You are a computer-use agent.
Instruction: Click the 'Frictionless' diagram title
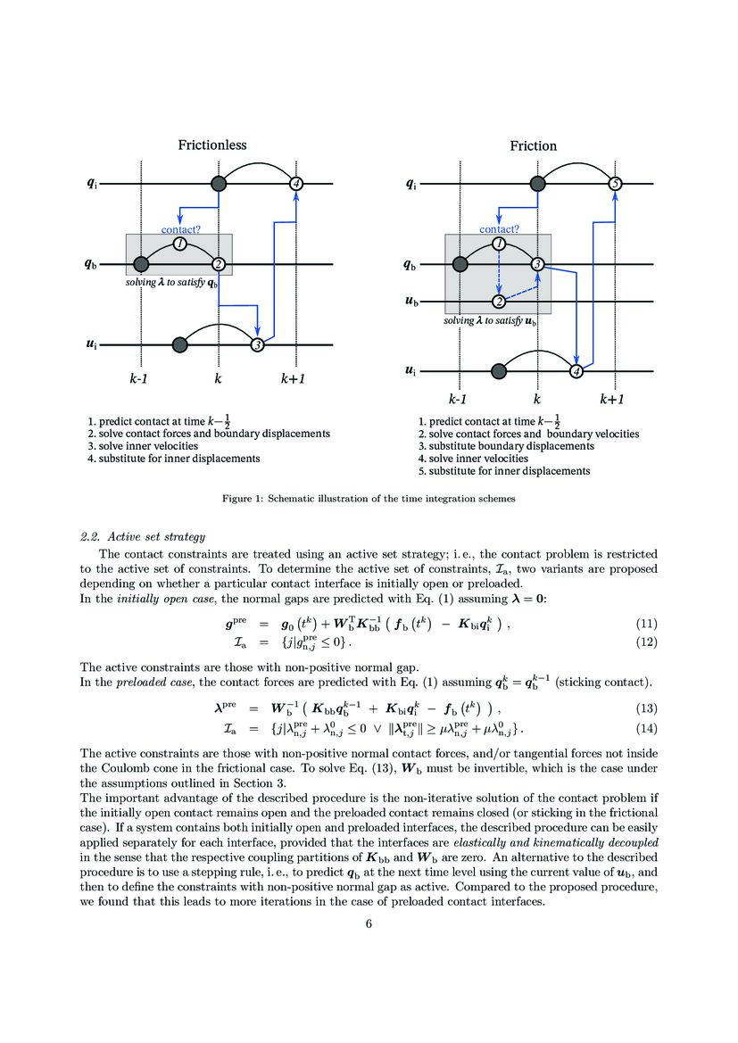pyautogui.click(x=211, y=145)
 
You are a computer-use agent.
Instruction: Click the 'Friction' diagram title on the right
pyautogui.click(x=533, y=145)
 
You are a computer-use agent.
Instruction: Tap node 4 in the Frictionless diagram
pyautogui.click(x=296, y=184)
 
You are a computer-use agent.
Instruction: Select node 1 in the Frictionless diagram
pyautogui.click(x=179, y=244)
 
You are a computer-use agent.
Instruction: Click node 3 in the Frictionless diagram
pyautogui.click(x=257, y=344)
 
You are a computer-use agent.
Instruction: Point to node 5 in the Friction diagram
pyautogui.click(x=614, y=184)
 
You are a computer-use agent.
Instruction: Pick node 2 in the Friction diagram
pyautogui.click(x=500, y=302)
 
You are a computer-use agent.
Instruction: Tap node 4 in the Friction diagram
pyautogui.click(x=576, y=371)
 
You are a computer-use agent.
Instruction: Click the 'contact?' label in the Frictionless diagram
pyautogui.click(x=180, y=229)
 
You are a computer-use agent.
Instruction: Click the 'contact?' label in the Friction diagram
pyautogui.click(x=500, y=229)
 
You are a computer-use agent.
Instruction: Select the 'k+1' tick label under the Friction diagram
pyautogui.click(x=612, y=400)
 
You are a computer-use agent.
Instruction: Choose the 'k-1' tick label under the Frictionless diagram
pyautogui.click(x=141, y=378)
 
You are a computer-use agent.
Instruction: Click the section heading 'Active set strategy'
pyautogui.click(x=156, y=536)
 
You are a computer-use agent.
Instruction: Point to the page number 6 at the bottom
pyautogui.click(x=368, y=923)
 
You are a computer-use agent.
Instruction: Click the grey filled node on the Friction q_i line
pyautogui.click(x=536, y=184)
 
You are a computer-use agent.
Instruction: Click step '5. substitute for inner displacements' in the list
pyautogui.click(x=505, y=470)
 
